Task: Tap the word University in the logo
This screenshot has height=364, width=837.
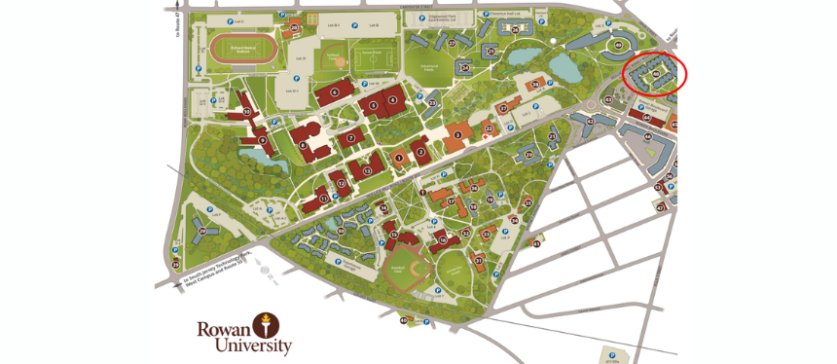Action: click(x=243, y=346)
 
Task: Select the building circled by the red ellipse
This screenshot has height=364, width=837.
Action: click(x=656, y=74)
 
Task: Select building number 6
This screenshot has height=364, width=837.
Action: click(x=334, y=92)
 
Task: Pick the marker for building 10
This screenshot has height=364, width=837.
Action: click(x=247, y=113)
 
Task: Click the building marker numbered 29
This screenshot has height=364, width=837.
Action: click(x=176, y=264)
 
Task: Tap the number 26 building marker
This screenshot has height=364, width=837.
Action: click(x=516, y=29)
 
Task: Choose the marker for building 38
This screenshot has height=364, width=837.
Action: click(x=534, y=85)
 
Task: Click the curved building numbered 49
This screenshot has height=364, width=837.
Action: click(x=617, y=45)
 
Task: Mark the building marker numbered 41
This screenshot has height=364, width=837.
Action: click(x=536, y=244)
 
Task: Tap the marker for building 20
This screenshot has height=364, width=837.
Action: click(x=529, y=154)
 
